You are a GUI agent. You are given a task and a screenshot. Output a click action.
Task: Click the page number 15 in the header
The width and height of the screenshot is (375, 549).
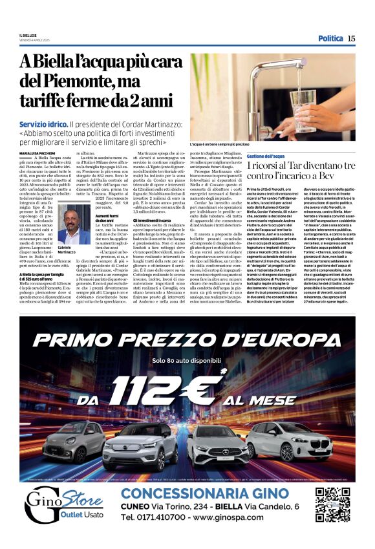tap(351, 38)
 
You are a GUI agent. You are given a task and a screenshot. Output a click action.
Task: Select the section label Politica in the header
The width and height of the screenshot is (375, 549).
tap(330, 38)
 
